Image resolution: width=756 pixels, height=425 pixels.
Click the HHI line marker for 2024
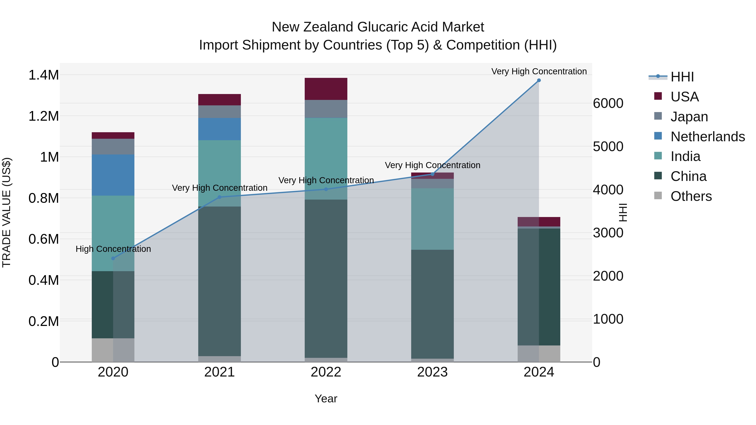(x=539, y=80)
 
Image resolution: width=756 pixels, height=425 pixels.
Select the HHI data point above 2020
(x=113, y=258)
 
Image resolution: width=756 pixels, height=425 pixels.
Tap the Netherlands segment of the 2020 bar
(x=113, y=175)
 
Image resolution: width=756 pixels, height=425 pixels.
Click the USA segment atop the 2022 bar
(x=326, y=89)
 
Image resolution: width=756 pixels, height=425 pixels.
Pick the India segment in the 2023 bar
(x=432, y=219)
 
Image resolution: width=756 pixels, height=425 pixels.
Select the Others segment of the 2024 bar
(x=539, y=353)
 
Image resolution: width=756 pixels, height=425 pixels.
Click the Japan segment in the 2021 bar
(x=219, y=111)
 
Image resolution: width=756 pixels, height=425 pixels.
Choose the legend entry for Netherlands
(x=707, y=137)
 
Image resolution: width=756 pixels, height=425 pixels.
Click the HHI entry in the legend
(x=682, y=77)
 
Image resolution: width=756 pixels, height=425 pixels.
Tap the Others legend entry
(x=691, y=196)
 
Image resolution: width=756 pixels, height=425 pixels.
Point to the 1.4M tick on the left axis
(x=43, y=75)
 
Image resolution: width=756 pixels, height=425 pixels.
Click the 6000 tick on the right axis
(x=608, y=103)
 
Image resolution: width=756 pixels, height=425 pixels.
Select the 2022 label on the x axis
(x=326, y=372)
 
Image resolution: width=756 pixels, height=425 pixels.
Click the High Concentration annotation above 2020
(x=113, y=249)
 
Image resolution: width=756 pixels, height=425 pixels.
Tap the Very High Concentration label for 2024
(x=539, y=71)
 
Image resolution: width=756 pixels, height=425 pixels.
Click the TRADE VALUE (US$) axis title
(x=7, y=212)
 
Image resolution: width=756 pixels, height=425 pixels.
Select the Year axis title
(x=326, y=399)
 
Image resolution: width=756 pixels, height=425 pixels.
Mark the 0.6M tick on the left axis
(x=43, y=239)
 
